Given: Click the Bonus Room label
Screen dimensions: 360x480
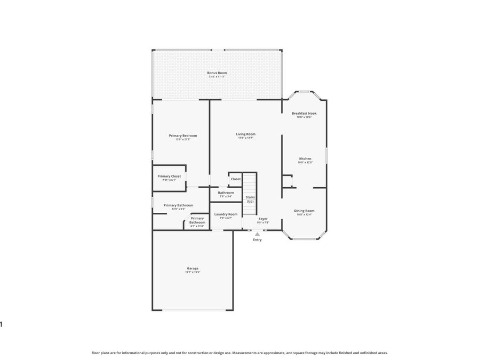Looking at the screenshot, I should click(x=217, y=73).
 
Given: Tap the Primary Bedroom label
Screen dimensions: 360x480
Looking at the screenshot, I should click(x=183, y=135).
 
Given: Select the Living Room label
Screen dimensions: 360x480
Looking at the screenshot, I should click(x=246, y=134).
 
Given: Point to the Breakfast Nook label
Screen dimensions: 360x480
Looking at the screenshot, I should click(x=304, y=113).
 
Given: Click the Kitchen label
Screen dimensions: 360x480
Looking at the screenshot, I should click(x=305, y=158).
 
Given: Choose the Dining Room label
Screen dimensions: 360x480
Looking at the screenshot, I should click(x=304, y=211).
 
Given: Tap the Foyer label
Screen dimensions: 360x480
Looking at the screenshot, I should click(x=263, y=218).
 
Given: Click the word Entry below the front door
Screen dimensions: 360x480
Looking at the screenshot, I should click(x=258, y=240).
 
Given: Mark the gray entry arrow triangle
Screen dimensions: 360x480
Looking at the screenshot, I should click(x=258, y=234).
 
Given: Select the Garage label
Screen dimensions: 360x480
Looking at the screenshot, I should click(x=193, y=268).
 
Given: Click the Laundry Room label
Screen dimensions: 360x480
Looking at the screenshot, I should click(x=226, y=214).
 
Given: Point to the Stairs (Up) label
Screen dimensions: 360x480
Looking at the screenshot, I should click(x=250, y=199).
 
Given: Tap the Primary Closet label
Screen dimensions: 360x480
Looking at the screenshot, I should click(x=169, y=176).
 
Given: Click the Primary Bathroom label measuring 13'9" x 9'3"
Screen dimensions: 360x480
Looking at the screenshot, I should click(x=178, y=205).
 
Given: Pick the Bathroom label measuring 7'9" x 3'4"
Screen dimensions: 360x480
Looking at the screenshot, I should click(x=226, y=193).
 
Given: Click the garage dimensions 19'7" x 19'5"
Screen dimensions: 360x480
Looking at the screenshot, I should click(x=193, y=273).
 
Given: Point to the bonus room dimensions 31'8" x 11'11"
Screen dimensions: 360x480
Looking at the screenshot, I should click(x=217, y=77).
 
